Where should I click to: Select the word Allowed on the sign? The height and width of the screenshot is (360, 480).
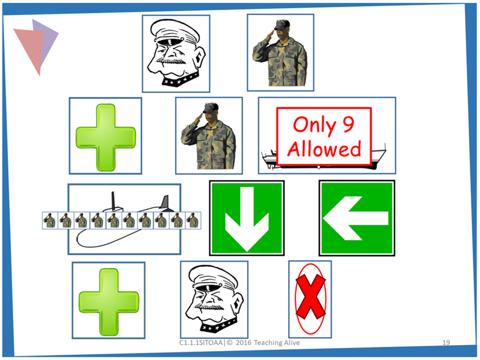(324, 148)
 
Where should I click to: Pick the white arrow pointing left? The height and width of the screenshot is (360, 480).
(356, 218)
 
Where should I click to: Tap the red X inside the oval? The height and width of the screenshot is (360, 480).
(310, 298)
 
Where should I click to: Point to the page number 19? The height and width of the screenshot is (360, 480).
(446, 342)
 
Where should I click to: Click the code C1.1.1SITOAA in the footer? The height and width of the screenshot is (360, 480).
(200, 342)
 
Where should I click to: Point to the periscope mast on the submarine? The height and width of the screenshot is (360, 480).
(112, 201)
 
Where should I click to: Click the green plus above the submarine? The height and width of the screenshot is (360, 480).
(105, 136)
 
